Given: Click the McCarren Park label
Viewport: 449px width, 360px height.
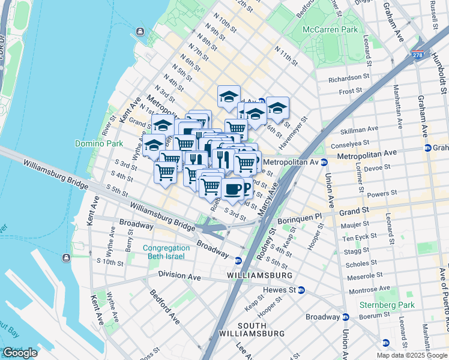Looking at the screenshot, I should pos(330,29).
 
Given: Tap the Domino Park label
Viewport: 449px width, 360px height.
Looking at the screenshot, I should pos(98,143).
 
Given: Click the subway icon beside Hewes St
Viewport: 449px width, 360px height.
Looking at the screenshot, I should pos(301,290).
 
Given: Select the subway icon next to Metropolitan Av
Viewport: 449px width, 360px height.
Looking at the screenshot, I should pos(324,162).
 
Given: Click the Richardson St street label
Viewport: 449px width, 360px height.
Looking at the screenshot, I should pos(349,77).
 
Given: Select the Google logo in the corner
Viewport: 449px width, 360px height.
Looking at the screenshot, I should pos(19,353).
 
